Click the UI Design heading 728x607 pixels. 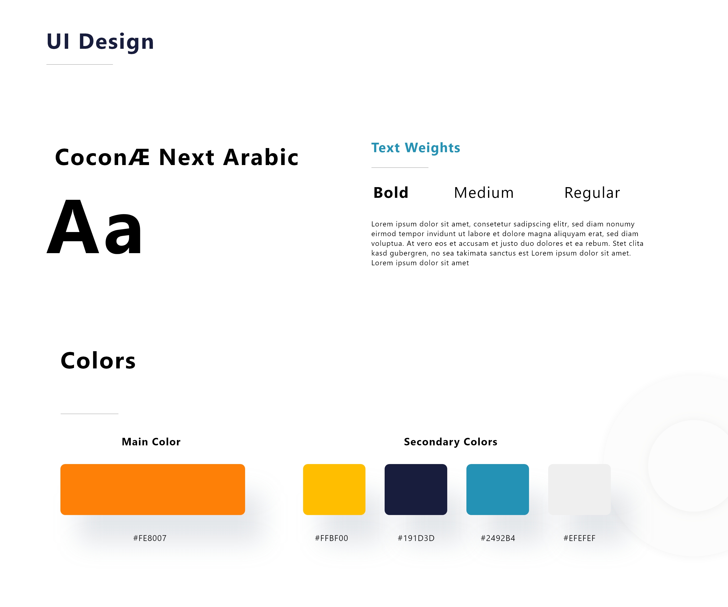[x=100, y=42]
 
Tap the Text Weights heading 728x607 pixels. [x=416, y=148]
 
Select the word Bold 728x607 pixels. [x=391, y=193]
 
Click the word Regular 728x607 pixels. [x=592, y=193]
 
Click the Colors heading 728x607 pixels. [x=98, y=361]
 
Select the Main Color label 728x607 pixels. [x=151, y=442]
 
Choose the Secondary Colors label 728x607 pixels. [x=451, y=442]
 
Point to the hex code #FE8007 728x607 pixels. [x=150, y=538]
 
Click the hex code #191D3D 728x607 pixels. [x=416, y=538]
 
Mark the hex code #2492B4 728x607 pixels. [x=498, y=538]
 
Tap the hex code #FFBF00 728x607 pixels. [x=331, y=538]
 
